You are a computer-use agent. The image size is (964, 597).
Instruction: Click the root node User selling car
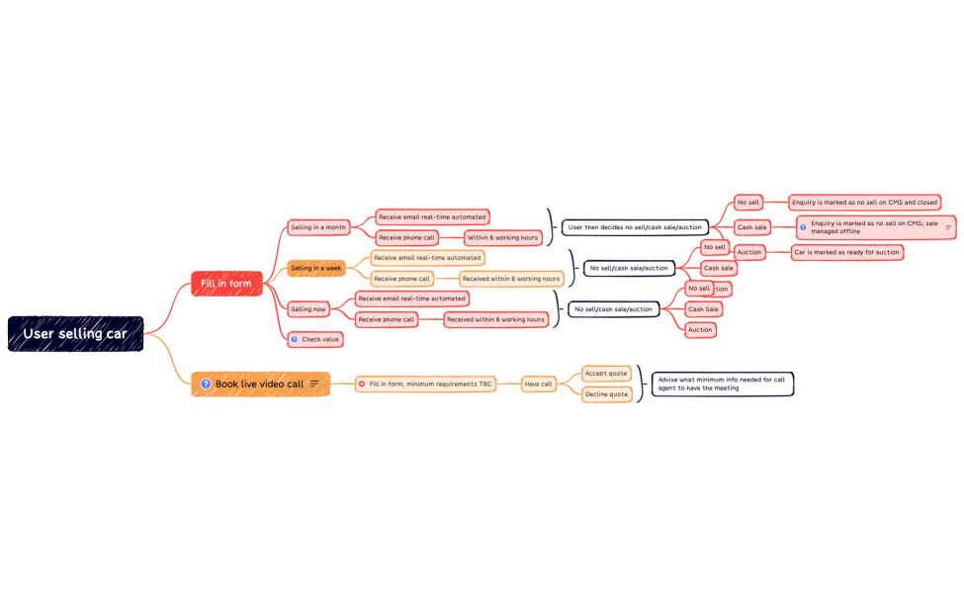[75, 334]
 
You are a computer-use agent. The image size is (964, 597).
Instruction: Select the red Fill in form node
[226, 284]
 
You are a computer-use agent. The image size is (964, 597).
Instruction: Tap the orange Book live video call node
[260, 384]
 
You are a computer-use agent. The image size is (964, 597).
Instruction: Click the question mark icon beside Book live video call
[206, 384]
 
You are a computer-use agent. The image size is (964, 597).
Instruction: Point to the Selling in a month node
[318, 227]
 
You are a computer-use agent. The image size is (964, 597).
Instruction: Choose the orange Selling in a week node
[316, 268]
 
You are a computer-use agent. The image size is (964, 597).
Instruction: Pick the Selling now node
[308, 309]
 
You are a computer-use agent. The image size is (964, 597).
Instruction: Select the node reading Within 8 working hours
[502, 237]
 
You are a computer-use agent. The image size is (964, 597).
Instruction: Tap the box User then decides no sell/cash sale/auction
[635, 227]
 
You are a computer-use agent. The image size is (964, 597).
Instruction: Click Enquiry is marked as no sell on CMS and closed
[864, 203]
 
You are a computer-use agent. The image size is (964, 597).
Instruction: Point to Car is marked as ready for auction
[846, 252]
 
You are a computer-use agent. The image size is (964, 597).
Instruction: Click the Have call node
[539, 384]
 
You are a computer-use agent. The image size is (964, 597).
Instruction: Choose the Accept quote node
[606, 373]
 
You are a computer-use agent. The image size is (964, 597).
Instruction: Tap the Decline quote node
[607, 394]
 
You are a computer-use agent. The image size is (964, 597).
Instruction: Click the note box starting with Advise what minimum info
[722, 384]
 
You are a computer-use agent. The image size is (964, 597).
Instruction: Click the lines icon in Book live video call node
[314, 384]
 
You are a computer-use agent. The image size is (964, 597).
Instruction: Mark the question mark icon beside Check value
[294, 339]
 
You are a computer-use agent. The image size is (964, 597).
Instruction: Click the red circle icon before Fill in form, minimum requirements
[362, 384]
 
